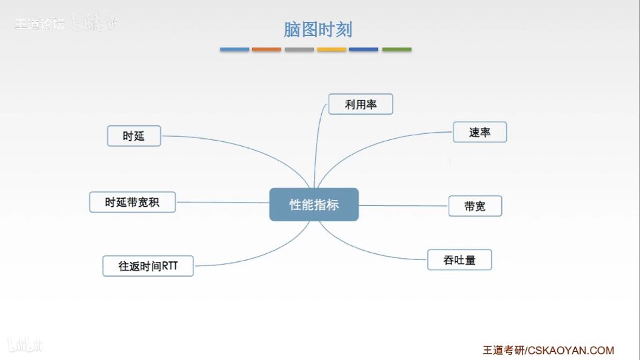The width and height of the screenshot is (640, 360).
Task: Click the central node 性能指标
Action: (x=314, y=205)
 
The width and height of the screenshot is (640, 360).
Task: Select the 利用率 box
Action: (x=361, y=104)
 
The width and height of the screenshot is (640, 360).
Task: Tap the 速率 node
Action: (x=479, y=132)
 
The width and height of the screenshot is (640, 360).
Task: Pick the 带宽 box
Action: (x=475, y=206)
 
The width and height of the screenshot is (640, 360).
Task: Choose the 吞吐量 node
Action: (x=459, y=260)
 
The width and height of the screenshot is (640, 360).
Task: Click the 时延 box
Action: (x=134, y=136)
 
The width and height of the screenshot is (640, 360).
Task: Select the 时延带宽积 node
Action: (x=132, y=202)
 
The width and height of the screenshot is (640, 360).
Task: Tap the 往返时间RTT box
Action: (x=147, y=266)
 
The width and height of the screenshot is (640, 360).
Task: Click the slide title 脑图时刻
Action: (x=318, y=29)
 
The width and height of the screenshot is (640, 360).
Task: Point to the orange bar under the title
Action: (x=267, y=49)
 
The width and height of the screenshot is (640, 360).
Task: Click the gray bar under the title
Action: (x=299, y=49)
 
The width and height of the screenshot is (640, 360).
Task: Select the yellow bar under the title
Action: (x=331, y=49)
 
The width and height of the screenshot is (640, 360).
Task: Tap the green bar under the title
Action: (x=397, y=49)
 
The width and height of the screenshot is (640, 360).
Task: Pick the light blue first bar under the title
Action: (x=235, y=49)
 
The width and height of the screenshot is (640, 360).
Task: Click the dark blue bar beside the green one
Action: (x=363, y=49)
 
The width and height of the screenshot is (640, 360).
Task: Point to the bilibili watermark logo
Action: (x=25, y=344)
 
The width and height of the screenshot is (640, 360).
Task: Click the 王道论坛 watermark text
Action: (x=39, y=25)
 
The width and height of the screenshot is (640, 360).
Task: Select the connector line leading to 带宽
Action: (x=403, y=205)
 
